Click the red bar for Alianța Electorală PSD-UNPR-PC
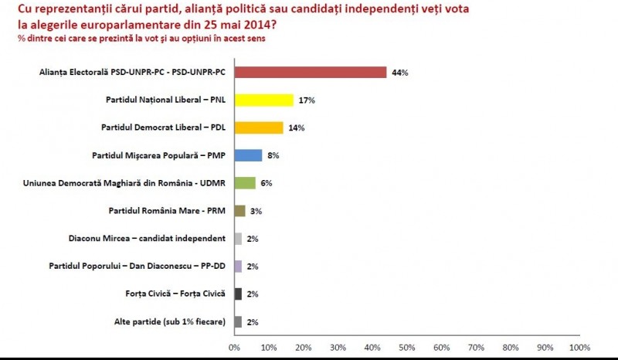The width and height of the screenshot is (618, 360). point(310,73)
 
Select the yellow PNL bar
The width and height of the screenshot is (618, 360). point(263,100)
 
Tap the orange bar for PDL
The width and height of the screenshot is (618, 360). point(258,127)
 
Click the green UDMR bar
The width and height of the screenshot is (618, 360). point(244,183)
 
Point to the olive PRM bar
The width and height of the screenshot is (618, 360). point(239,210)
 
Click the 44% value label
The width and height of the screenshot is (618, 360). point(399,73)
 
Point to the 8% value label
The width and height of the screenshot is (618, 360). point(273,155)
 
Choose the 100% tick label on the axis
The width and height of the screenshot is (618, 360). point(579,347)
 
